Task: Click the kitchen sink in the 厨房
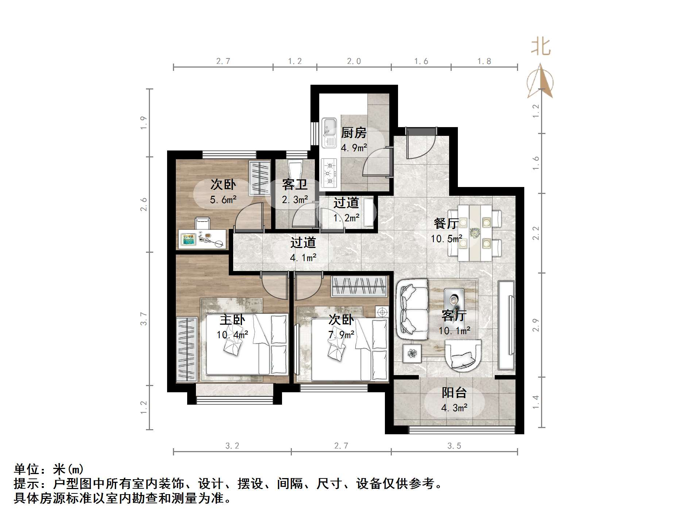point(329,132)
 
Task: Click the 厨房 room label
point(354,133)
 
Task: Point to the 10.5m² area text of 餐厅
point(447,239)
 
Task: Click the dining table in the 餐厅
point(475,233)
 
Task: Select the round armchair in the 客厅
point(463,355)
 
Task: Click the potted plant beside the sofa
point(412,353)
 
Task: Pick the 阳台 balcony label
point(454,393)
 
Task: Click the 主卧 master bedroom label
point(232,320)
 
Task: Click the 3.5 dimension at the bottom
point(454,446)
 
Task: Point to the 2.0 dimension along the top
point(354,61)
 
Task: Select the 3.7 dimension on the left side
point(144,319)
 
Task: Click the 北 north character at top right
point(540,47)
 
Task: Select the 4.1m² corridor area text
point(303,258)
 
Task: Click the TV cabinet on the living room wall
point(506,325)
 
